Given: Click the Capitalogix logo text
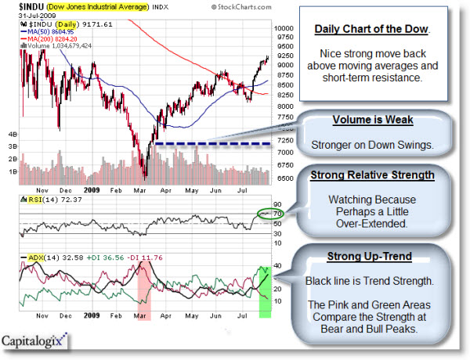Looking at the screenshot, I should tap(36, 341).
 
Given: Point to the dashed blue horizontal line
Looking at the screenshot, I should tap(211, 144).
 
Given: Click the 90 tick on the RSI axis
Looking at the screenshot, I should tap(277, 203).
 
